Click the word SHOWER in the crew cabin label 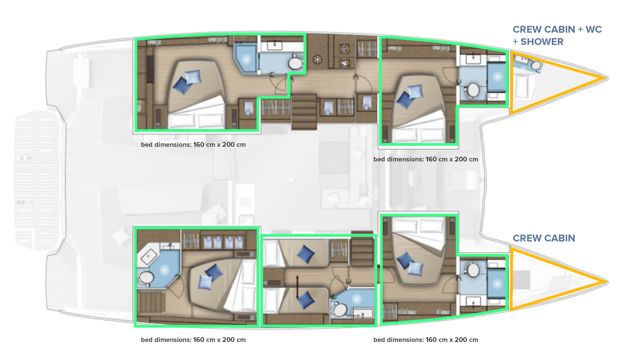coord(542,42)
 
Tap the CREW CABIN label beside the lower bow coord(544,238)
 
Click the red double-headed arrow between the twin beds coord(297,287)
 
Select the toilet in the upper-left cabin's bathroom coord(295,63)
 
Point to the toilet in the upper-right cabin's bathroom coord(473,90)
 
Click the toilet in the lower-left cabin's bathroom coord(146,278)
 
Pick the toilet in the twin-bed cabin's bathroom coord(339,310)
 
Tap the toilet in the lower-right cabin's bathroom coord(473,270)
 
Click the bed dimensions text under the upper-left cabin coord(193,144)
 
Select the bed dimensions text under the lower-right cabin coord(426,340)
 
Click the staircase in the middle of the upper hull coord(304,112)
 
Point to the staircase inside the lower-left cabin coord(151,302)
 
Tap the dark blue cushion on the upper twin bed coord(305,254)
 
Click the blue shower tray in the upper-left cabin coord(245,59)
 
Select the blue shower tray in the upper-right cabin coord(497,77)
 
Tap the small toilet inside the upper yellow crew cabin coord(535,65)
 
